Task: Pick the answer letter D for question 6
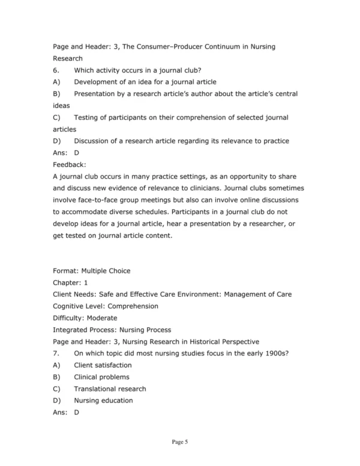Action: coord(76,153)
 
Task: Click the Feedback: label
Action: coord(70,164)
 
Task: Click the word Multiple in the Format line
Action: coord(101,271)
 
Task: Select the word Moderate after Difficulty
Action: coord(101,318)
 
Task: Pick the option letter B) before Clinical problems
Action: coord(56,377)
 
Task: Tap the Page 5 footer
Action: coord(180,443)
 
